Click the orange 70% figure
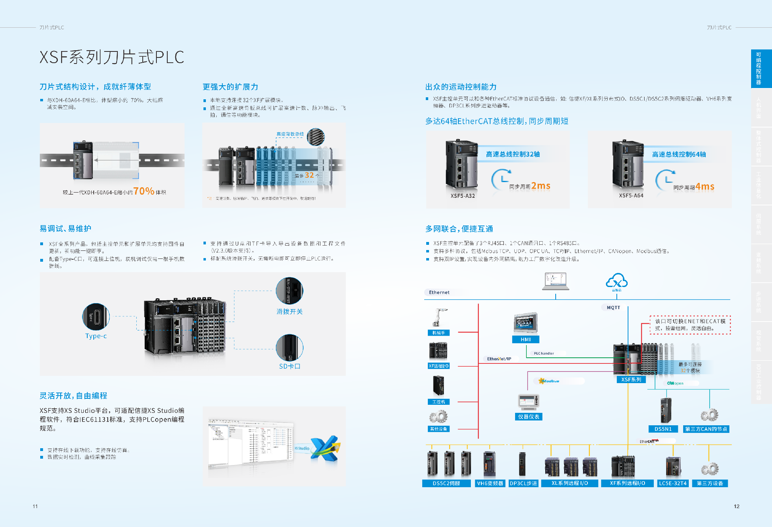tap(144, 191)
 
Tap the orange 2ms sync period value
tap(540, 186)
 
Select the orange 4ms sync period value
tap(705, 187)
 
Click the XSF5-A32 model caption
tap(462, 196)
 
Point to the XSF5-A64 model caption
tap(631, 195)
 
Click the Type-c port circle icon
tap(96, 317)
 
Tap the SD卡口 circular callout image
tap(289, 348)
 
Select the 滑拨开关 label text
tap(289, 312)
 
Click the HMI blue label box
tap(526, 339)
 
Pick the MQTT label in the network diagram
tap(613, 308)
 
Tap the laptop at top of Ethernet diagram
tap(556, 281)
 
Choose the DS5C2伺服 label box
tap(446, 483)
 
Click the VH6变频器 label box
tap(490, 483)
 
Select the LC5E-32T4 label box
tap(673, 483)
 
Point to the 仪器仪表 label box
tap(528, 417)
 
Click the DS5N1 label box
tap(663, 429)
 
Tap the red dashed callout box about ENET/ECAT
tap(690, 325)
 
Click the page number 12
tap(736, 506)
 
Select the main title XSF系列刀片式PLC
tap(112, 57)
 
